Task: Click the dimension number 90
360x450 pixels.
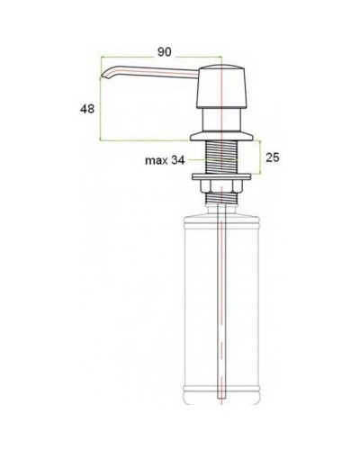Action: coord(164,52)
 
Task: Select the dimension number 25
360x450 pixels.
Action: coord(273,158)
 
